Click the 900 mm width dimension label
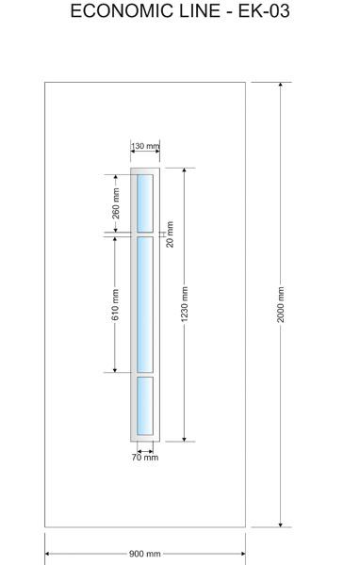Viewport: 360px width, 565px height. tap(144, 554)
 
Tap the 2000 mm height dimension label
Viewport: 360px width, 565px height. tap(281, 304)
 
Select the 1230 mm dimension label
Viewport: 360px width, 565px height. tap(185, 304)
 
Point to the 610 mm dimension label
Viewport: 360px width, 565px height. tap(115, 304)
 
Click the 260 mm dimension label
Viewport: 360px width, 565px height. tap(116, 203)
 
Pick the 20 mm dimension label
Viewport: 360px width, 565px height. tap(170, 234)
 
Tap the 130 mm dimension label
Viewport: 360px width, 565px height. tap(144, 146)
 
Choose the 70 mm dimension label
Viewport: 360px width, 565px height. tap(145, 458)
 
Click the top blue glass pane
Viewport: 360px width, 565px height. tap(144, 203)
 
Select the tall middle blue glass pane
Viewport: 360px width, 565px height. tap(144, 304)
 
